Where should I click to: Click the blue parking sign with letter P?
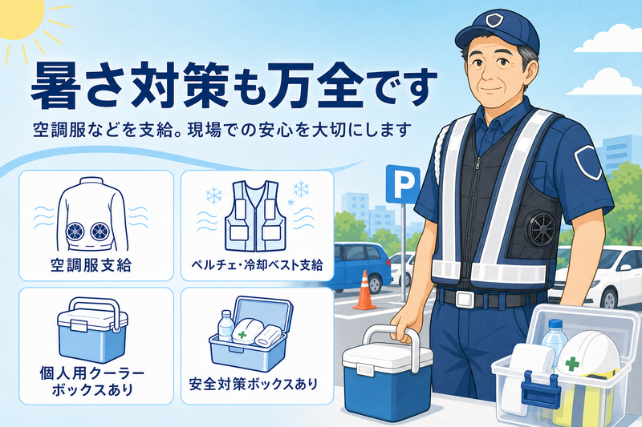[x=403, y=184]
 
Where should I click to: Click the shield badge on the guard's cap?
[x=492, y=19]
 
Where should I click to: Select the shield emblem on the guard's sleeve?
[x=587, y=162]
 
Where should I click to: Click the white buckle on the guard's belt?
[x=465, y=299]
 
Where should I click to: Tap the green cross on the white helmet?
[x=572, y=364]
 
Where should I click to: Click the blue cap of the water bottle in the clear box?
[x=555, y=324]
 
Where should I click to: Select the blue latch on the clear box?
[x=539, y=389]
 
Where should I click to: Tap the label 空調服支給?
[x=91, y=265]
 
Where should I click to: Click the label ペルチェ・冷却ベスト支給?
[x=257, y=265]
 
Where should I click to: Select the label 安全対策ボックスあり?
[x=253, y=384]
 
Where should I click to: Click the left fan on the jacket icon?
[x=75, y=232]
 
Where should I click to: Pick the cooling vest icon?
[x=256, y=216]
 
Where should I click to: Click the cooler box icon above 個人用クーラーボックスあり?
[x=92, y=330]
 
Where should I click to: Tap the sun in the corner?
[x=18, y=16]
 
